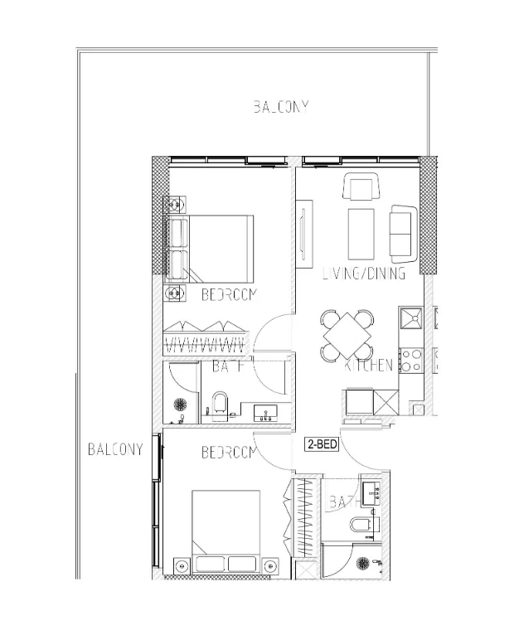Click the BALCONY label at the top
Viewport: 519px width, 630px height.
pos(281,106)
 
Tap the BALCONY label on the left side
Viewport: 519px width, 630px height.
pos(115,449)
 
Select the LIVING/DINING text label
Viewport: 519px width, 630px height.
pos(363,274)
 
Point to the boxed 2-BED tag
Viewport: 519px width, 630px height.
pos(322,443)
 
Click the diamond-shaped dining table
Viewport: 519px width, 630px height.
pos(347,336)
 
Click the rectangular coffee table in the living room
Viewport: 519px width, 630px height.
pos(361,235)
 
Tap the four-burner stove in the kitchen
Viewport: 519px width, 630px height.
pos(410,359)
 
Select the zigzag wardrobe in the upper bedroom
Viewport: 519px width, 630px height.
pos(206,337)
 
